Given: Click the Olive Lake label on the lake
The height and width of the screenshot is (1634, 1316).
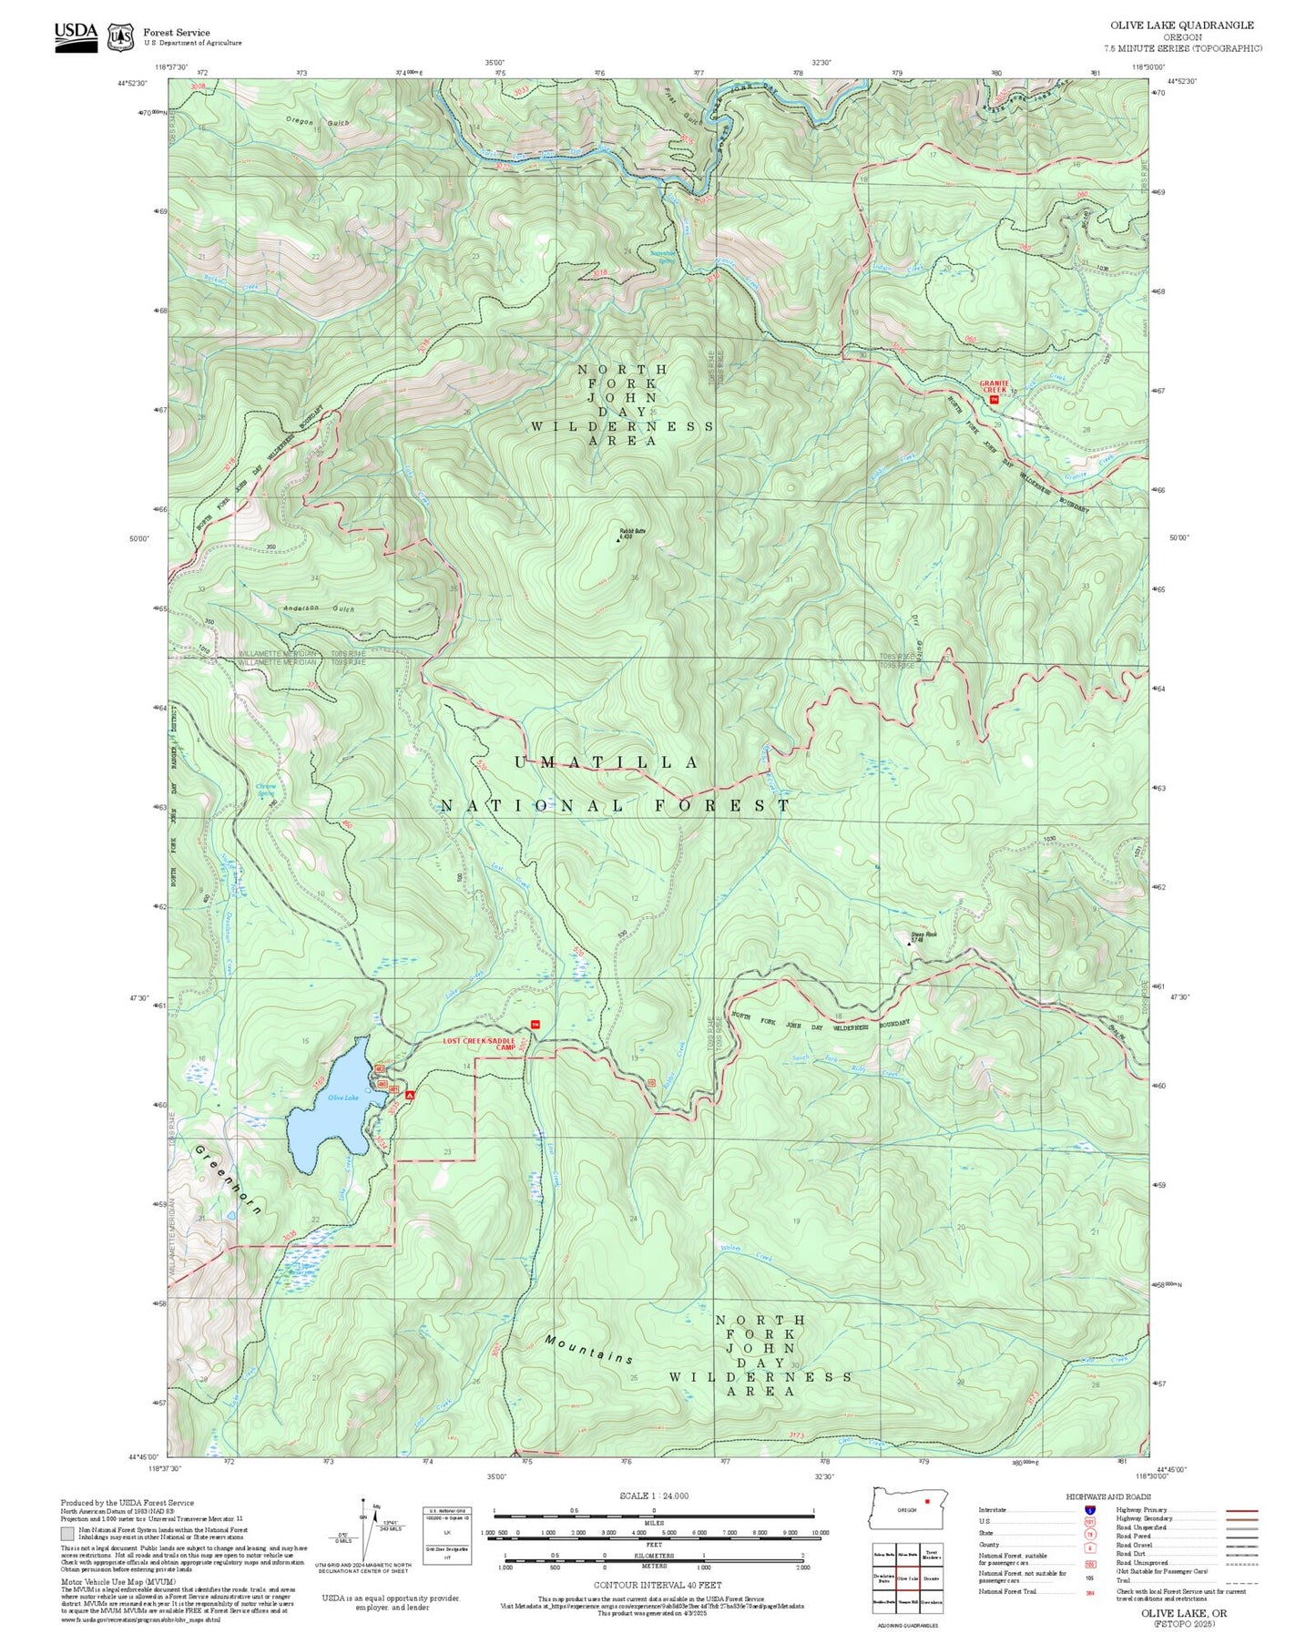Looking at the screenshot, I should (343, 1098).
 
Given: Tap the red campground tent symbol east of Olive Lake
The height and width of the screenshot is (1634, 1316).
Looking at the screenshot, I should (410, 1095).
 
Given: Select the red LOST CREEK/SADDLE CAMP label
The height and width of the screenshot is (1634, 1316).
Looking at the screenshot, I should (480, 1044).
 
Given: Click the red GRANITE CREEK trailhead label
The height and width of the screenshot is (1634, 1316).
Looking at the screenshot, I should (994, 386).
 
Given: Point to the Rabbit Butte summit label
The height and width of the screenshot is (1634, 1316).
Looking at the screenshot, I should (632, 532).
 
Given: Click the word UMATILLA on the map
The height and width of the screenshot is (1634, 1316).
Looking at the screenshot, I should (607, 762).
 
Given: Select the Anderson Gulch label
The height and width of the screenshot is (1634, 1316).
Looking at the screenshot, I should (318, 608).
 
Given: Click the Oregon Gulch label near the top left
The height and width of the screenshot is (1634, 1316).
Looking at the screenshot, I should (317, 122).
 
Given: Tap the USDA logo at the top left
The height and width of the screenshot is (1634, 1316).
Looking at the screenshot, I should (76, 36).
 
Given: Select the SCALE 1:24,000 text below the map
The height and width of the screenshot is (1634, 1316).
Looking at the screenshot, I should (654, 1496).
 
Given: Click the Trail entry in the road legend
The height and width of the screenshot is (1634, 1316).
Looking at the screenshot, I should (1123, 1580).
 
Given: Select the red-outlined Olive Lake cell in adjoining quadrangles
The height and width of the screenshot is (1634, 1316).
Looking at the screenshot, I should (906, 1578).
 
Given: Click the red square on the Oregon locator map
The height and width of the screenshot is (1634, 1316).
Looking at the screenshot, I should (926, 1501).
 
